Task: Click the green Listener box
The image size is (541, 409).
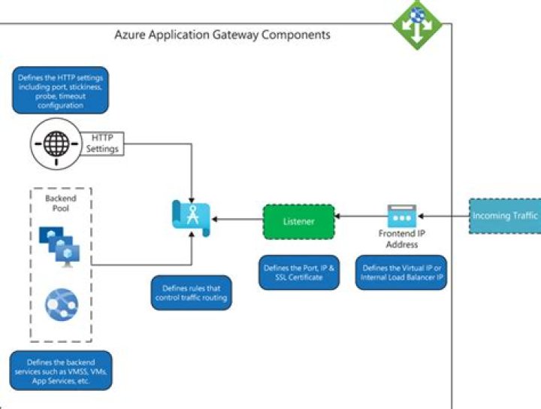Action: (298, 222)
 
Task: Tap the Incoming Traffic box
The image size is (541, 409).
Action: (505, 217)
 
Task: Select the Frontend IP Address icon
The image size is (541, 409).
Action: (401, 217)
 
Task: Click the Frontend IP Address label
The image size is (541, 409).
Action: (401, 239)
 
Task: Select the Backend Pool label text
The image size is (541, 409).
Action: (60, 203)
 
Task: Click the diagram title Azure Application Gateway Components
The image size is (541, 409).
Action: (222, 35)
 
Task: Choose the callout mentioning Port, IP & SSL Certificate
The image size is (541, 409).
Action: (298, 272)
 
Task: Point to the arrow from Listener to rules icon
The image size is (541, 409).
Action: (237, 220)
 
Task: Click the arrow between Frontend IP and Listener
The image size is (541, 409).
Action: (359, 217)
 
